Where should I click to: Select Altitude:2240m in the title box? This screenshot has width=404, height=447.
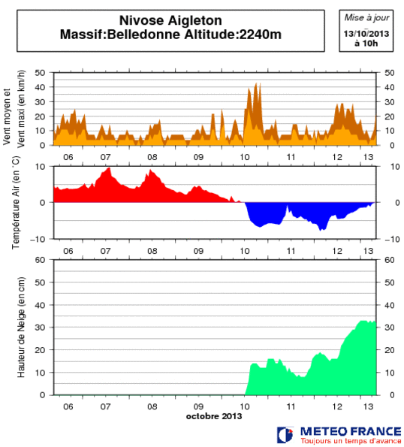241,35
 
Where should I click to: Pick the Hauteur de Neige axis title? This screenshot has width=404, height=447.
23,327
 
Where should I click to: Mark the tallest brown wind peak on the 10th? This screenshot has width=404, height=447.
257,84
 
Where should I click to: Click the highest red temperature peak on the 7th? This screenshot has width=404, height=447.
109,168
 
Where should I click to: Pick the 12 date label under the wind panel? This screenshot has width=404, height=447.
339,156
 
